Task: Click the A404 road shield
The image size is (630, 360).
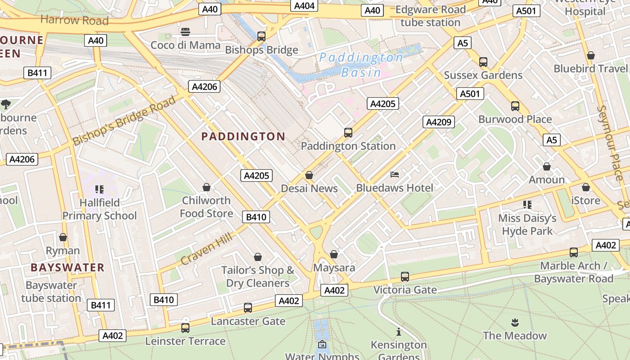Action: point(305,5)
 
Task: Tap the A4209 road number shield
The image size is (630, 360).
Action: point(439,122)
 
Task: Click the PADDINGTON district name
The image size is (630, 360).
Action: point(243,136)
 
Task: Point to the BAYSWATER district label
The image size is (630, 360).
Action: point(67,267)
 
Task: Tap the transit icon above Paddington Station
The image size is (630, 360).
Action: point(348,133)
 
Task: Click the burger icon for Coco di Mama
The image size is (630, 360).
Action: point(185,32)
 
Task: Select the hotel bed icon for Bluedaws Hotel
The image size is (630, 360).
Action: point(395,175)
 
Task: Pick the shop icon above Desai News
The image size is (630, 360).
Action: point(309,175)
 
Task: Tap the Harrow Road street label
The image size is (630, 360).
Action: point(74,20)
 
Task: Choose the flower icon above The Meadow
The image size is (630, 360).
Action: point(514,322)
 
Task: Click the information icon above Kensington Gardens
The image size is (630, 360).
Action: point(398,332)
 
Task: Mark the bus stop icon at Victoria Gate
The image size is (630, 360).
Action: point(405,277)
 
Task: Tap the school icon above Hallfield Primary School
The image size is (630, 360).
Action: point(99,189)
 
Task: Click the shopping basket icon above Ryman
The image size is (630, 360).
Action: point(63,237)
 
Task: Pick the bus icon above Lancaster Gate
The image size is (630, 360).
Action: point(248,308)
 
